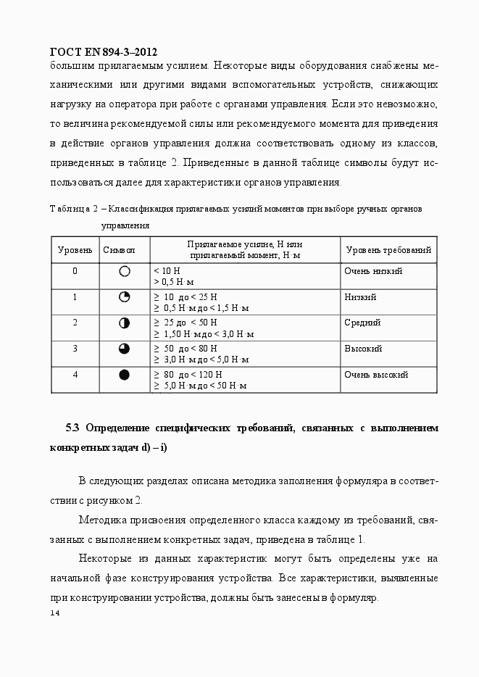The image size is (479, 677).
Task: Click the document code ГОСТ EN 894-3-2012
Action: point(103,52)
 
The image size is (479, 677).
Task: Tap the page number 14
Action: point(55,613)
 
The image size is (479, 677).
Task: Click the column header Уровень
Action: point(75,250)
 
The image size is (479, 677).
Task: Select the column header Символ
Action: point(120,250)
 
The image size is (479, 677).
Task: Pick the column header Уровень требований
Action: point(388,250)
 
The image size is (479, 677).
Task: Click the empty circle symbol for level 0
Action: point(124,271)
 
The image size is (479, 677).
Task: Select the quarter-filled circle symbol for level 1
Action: point(124,297)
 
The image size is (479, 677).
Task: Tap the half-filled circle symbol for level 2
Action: point(124,323)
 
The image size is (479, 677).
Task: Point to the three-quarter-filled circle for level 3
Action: point(124,349)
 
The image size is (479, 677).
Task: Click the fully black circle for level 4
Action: point(124,375)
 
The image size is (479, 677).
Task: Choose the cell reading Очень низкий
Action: point(372,271)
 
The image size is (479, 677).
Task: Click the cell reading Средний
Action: point(362,323)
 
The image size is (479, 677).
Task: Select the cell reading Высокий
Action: point(362,349)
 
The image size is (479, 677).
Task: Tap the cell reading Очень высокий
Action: point(375,375)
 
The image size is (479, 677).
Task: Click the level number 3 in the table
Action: point(75,349)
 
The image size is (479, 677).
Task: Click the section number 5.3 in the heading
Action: point(72,428)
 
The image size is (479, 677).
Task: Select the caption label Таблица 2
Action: point(73,209)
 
